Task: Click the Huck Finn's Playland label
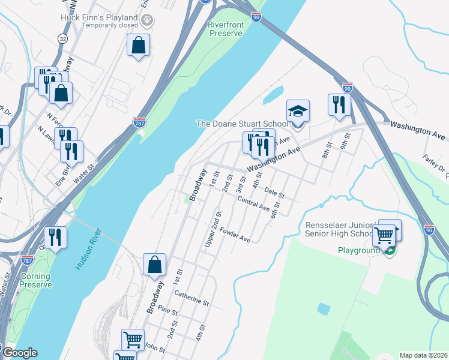98,18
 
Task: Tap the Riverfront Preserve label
225,29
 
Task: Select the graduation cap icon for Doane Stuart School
298,111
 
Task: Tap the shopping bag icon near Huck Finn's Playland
138,45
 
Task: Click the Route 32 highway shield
62,38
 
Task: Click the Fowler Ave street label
235,235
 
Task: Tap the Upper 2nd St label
213,229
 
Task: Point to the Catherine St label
191,298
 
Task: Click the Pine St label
167,311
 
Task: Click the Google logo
19,353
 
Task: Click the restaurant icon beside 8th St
339,104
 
